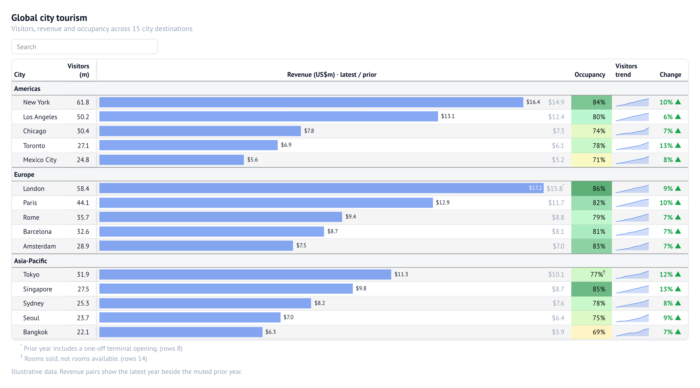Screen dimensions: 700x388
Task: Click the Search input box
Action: click(85, 47)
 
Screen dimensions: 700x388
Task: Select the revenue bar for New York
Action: click(311, 102)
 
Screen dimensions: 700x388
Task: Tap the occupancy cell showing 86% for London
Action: click(591, 188)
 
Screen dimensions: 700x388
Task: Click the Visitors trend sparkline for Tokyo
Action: click(632, 275)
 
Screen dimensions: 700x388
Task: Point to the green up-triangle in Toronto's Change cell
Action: click(678, 145)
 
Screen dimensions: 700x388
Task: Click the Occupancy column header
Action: click(590, 75)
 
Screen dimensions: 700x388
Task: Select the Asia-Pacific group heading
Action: click(30, 261)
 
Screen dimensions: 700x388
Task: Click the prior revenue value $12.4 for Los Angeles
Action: click(556, 117)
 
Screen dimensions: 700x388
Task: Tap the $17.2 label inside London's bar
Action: click(535, 188)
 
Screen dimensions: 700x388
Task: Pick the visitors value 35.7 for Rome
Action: click(83, 217)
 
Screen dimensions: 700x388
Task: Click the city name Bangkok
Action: click(36, 332)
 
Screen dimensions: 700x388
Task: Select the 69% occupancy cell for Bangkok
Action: click(591, 332)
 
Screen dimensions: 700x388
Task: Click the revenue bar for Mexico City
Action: click(171, 160)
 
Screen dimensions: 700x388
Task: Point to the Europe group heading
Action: click(24, 175)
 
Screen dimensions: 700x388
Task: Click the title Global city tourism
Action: click(49, 18)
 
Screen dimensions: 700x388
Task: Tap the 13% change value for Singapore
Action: click(666, 289)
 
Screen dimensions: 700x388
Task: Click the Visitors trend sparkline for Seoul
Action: click(632, 318)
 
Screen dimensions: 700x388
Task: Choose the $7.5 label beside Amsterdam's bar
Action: click(301, 245)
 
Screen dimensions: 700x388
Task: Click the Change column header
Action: click(670, 75)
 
